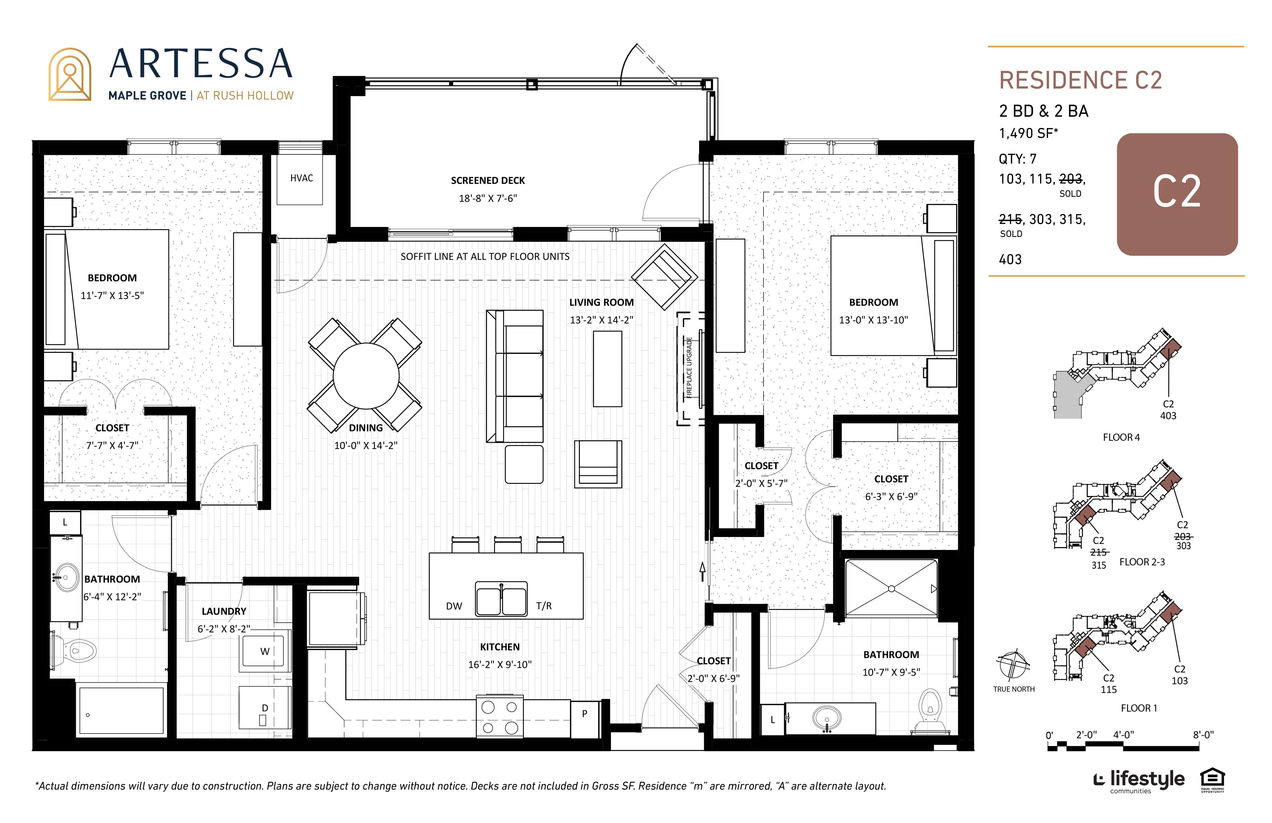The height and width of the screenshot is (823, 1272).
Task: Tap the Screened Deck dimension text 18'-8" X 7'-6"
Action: click(488, 198)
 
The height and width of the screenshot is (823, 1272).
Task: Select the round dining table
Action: click(366, 376)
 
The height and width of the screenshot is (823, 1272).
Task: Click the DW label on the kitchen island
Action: click(454, 606)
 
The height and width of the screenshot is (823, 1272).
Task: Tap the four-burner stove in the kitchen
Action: click(500, 716)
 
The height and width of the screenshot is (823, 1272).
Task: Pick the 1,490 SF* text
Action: click(1028, 133)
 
